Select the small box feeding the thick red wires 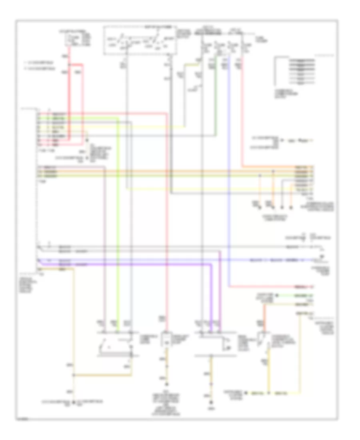pyautogui.click(x=79, y=39)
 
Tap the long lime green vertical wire pyautogui.click(x=118, y=220)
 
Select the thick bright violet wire pyautogui.click(x=211, y=296)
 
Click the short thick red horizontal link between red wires pyautogui.click(x=76, y=64)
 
